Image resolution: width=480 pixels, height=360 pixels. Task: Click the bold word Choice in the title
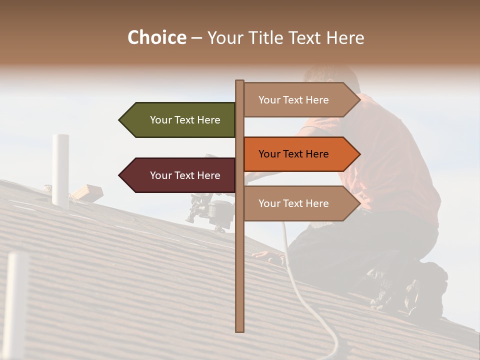click(x=156, y=37)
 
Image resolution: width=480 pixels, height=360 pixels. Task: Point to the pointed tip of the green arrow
click(x=120, y=120)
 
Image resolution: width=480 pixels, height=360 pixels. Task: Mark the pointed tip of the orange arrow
click(x=359, y=154)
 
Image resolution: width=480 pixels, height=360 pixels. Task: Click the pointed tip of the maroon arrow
click(x=120, y=175)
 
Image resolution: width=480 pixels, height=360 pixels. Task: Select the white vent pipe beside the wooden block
click(x=60, y=170)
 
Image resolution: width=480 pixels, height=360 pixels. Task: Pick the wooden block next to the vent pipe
click(x=87, y=192)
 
